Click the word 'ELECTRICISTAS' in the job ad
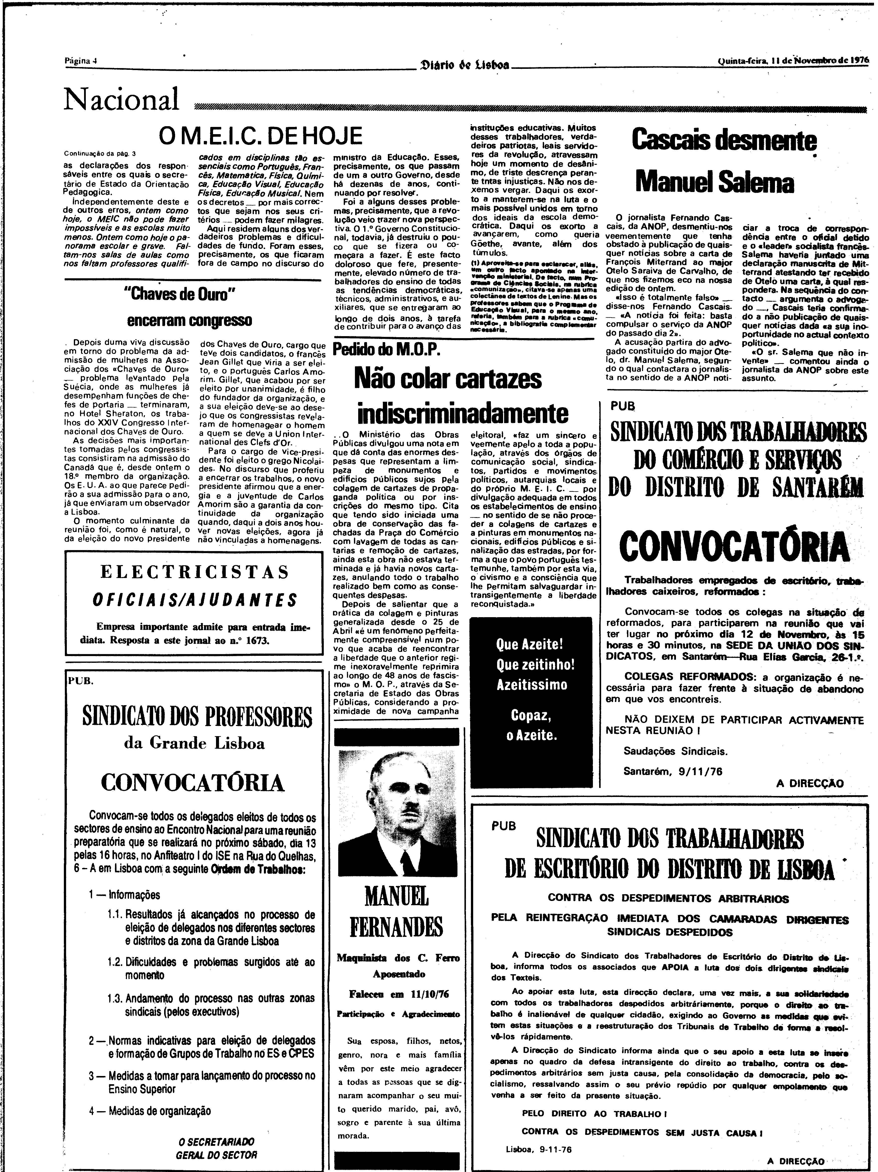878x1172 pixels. (195, 572)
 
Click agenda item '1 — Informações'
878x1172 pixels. (124, 895)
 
